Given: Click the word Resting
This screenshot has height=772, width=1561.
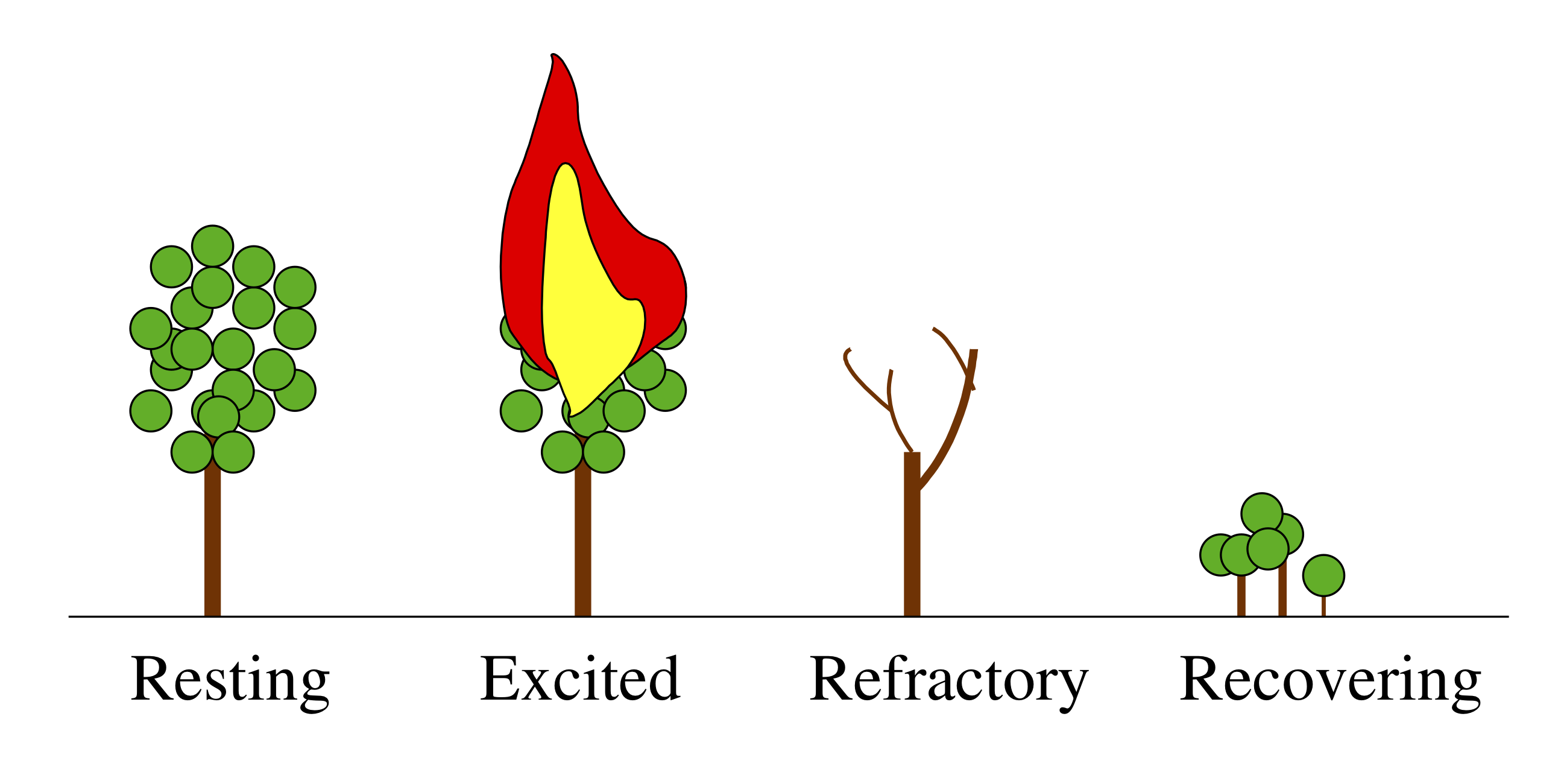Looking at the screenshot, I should pyautogui.click(x=230, y=679).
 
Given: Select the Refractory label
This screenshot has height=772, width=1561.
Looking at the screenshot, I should pyautogui.click(x=948, y=679).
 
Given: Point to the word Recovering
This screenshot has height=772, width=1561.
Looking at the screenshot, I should pyautogui.click(x=1331, y=679).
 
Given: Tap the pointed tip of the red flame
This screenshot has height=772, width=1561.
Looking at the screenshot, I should pyautogui.click(x=553, y=56).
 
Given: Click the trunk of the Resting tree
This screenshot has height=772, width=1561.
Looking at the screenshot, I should pyautogui.click(x=212, y=545).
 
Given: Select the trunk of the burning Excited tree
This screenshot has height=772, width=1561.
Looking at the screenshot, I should pyautogui.click(x=582, y=545).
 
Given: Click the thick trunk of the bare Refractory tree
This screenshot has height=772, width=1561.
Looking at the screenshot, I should pyautogui.click(x=912, y=545).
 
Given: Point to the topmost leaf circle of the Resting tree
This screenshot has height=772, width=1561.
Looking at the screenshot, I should pyautogui.click(x=212, y=245).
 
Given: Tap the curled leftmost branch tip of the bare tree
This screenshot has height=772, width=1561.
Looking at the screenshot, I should pyautogui.click(x=847, y=352).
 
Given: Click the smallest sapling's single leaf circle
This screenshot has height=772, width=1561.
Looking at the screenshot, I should pyautogui.click(x=1323, y=575).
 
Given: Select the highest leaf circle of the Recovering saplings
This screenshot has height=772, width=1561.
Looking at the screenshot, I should pyautogui.click(x=1262, y=513).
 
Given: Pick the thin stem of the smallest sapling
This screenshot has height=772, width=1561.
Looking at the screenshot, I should pyautogui.click(x=1323, y=606).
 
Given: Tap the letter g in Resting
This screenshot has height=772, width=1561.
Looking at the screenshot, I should pyautogui.click(x=314, y=688).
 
